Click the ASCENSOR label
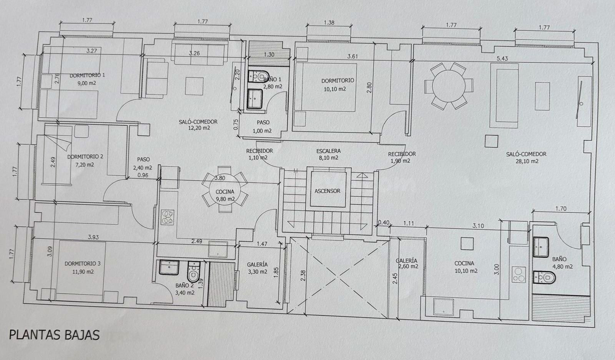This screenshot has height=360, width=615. tap(327, 191)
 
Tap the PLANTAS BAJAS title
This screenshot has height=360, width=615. tap(54, 335)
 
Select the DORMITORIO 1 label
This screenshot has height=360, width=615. tap(87, 75)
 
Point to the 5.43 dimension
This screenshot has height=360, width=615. tap(502, 58)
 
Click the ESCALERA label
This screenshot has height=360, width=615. tap(328, 151)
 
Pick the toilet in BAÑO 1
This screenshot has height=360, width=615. tap(258, 76)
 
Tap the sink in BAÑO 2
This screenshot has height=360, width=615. tap(169, 267)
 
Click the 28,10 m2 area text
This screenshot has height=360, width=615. tap(527, 161)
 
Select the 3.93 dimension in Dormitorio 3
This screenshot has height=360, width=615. tap(93, 237)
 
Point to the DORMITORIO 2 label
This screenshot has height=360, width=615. tap(85, 157)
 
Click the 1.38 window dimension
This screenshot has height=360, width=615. tap(329, 23)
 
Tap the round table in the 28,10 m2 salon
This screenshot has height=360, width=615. tap(449, 86)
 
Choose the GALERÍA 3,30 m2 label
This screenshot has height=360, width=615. tap(257, 268)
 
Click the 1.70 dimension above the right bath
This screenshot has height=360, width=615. tap(561, 208)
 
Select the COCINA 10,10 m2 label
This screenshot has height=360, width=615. tap(466, 267)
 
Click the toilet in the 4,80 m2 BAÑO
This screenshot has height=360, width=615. tap(544, 277)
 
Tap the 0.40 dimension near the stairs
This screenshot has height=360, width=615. tap(384, 222)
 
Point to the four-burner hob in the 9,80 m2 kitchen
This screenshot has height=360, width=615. tap(168, 218)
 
